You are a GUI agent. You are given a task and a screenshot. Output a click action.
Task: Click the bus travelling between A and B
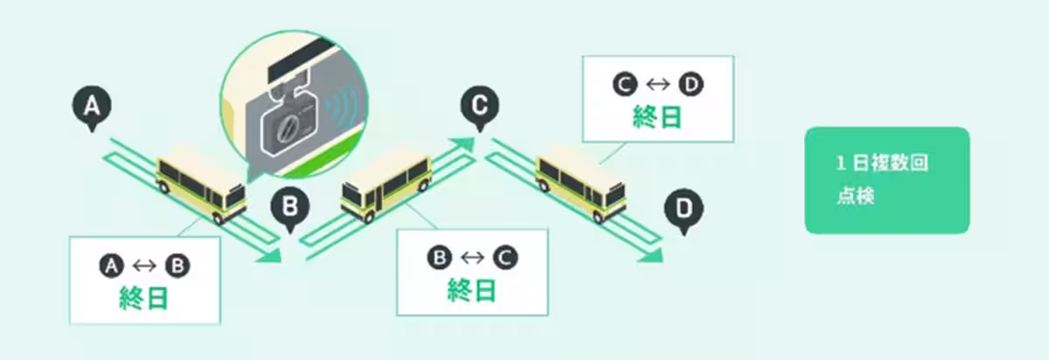click(x=200, y=186)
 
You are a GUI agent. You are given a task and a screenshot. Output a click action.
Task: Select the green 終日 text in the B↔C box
click(x=471, y=289)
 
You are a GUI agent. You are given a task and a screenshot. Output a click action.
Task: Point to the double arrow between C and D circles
click(x=658, y=86)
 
